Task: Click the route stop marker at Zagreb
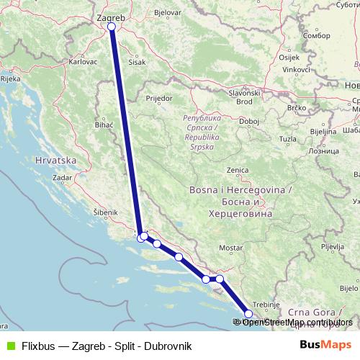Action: [111, 27]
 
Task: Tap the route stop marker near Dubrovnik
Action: [249, 313]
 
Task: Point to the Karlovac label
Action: [83, 62]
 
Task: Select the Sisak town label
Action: [137, 63]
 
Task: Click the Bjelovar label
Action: [167, 13]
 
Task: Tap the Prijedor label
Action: [158, 96]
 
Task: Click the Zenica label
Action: [237, 171]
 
